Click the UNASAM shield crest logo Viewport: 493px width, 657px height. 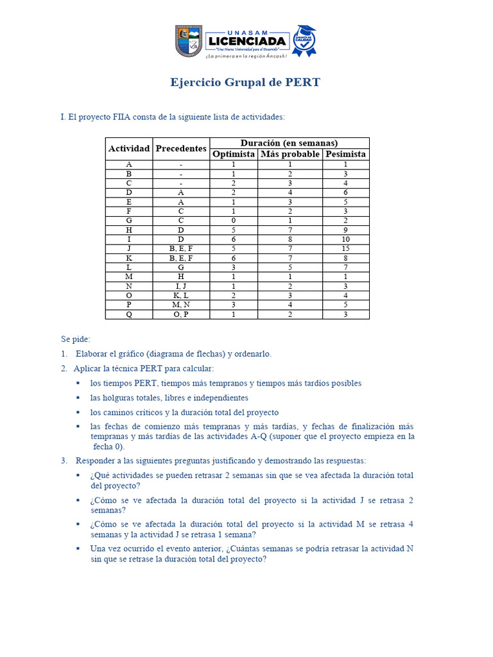click(x=188, y=40)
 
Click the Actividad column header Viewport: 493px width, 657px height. click(x=129, y=148)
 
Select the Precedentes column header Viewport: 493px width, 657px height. click(x=181, y=148)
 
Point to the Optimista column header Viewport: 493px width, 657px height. click(x=234, y=154)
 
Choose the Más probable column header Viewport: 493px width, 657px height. click(x=290, y=154)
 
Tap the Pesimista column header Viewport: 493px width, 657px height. click(x=345, y=154)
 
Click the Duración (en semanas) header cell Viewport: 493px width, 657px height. click(x=289, y=143)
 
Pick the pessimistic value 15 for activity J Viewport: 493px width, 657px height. click(x=345, y=248)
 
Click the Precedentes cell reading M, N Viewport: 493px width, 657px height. click(x=181, y=305)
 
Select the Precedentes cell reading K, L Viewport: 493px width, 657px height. click(x=181, y=295)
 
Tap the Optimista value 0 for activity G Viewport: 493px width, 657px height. click(x=234, y=220)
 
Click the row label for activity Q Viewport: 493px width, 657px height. click(x=129, y=314)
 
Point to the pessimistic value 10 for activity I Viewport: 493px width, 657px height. click(x=345, y=239)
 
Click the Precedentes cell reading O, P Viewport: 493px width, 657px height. click(x=181, y=314)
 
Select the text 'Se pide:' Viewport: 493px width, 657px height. click(x=76, y=339)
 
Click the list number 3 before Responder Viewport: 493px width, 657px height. click(x=64, y=461)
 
